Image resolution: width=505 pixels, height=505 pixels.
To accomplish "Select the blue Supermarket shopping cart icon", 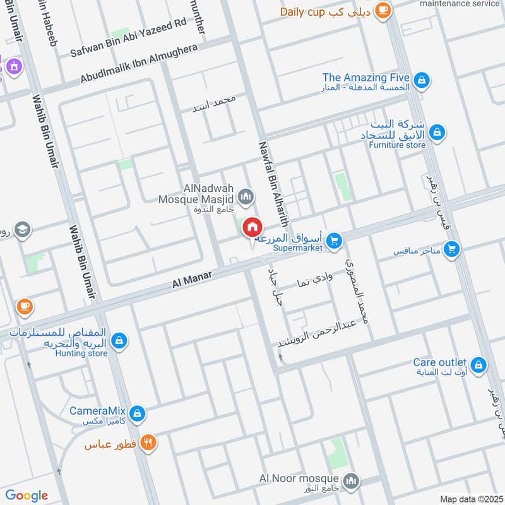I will (335, 239).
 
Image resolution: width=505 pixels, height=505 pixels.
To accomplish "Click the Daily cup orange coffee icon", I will (382, 10).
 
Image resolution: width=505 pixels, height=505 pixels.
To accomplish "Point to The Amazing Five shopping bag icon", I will (424, 80).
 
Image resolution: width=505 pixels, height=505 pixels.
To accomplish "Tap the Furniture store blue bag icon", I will (436, 133).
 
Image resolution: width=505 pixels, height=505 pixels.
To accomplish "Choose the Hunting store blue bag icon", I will (119, 342).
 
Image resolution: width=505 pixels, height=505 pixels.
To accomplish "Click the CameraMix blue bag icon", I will (138, 414).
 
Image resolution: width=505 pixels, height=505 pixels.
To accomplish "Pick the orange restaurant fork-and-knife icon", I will (148, 443).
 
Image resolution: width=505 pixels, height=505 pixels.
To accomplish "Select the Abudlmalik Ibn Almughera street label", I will (139, 64).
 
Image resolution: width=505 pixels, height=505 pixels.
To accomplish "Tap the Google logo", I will (27, 495).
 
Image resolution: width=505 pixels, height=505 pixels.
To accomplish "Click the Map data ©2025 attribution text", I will (470, 499).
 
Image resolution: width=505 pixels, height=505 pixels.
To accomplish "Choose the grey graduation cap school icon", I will (21, 230).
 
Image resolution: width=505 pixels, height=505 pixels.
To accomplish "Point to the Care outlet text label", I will (440, 362).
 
